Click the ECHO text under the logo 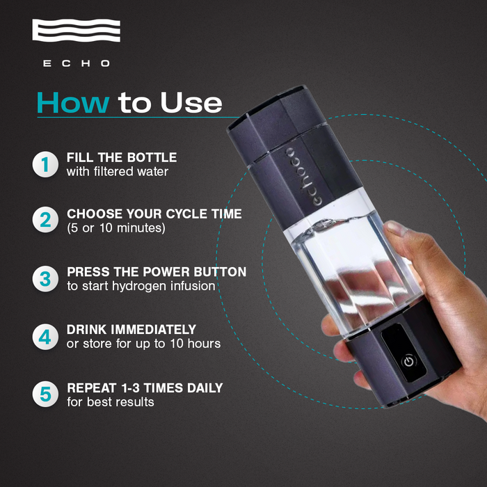(x=77, y=63)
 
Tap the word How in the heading (x=72, y=102)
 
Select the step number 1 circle (x=45, y=165)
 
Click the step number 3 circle (x=45, y=280)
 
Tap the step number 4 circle (x=45, y=337)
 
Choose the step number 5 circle (x=45, y=394)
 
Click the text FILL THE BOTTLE (x=122, y=157)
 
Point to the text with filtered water (x=118, y=171)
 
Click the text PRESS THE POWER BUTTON (x=157, y=272)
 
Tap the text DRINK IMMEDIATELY (x=131, y=329)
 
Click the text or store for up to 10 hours (x=143, y=344)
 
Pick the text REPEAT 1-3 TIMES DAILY (x=145, y=388)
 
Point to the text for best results (x=110, y=401)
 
